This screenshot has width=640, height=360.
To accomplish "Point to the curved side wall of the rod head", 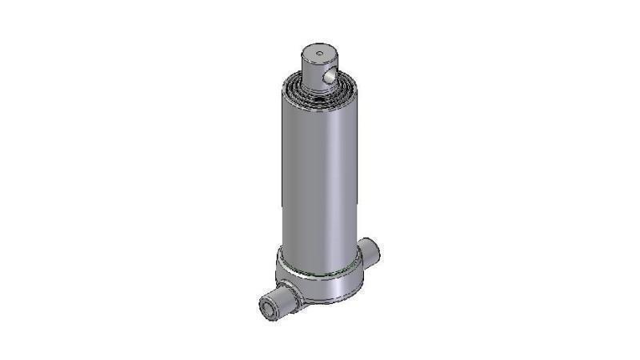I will [x=311, y=69].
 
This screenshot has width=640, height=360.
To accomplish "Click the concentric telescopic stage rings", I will [x=298, y=85].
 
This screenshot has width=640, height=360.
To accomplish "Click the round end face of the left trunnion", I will [x=266, y=309].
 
